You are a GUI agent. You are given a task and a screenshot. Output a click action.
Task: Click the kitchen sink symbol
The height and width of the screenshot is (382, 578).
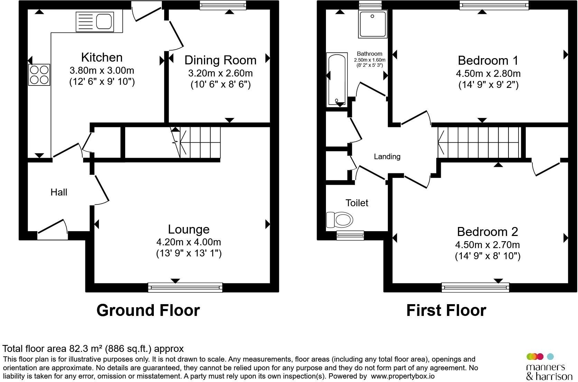95,22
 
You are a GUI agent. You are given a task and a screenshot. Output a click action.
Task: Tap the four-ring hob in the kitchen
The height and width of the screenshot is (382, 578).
39,75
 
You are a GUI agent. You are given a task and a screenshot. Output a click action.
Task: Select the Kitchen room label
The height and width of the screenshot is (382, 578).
102,57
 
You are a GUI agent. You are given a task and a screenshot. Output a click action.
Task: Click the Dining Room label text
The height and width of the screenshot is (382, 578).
220,60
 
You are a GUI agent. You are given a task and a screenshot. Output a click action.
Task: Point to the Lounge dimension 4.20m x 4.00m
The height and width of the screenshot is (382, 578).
189,242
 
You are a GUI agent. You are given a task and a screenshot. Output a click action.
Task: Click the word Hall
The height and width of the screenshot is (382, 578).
59,192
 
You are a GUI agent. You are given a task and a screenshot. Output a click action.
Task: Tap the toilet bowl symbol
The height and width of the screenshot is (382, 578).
339,220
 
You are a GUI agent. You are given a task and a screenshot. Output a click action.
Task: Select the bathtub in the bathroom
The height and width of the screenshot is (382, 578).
337,80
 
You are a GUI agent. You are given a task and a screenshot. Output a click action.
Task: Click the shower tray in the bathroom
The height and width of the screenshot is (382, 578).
373,24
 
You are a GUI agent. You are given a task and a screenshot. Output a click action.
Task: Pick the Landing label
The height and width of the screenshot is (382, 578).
387,156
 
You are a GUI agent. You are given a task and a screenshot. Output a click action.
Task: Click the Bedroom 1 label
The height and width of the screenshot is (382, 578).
488,61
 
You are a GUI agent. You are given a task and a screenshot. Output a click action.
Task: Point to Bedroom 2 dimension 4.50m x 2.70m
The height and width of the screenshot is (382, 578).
487,245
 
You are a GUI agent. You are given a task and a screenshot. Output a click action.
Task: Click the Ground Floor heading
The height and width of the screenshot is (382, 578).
148,310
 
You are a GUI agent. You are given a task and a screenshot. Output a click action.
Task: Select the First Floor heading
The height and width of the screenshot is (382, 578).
446,310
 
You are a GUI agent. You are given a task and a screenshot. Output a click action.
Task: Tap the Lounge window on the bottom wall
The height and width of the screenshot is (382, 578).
185,288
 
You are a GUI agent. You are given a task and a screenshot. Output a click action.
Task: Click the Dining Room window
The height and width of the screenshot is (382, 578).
223,5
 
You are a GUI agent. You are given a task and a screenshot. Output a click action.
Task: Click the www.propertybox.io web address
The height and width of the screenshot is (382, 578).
403,376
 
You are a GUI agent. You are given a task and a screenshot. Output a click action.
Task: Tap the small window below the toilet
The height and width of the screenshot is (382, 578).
350,235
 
